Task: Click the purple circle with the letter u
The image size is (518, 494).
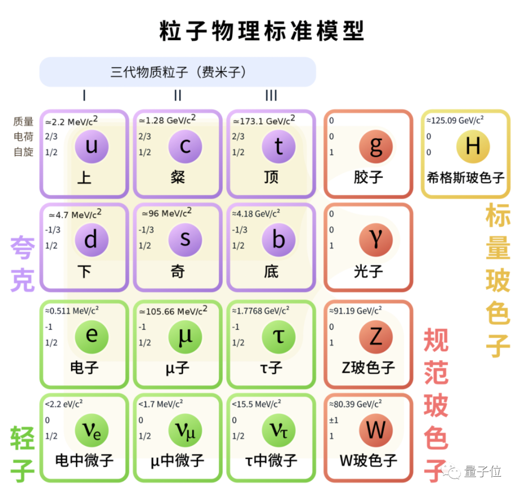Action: click(x=92, y=146)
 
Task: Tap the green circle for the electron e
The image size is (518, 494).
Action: click(x=92, y=335)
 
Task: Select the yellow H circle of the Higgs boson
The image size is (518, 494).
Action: click(x=472, y=146)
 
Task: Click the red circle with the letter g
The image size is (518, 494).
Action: click(x=376, y=146)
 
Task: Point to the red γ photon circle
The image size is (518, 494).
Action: click(x=376, y=240)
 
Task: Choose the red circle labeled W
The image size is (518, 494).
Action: click(x=376, y=430)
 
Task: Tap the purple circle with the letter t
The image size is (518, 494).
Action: click(x=279, y=146)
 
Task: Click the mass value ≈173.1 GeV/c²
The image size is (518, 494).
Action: click(x=264, y=121)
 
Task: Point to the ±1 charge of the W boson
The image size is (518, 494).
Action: click(x=334, y=420)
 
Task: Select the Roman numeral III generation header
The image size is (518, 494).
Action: click(x=271, y=96)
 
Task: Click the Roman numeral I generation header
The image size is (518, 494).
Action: click(x=84, y=96)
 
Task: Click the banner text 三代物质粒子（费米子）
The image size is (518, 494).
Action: click(x=178, y=72)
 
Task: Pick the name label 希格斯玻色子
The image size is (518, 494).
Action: click(x=465, y=178)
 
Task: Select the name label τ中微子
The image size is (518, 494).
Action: click(x=271, y=461)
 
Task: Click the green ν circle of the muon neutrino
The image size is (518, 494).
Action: click(x=185, y=430)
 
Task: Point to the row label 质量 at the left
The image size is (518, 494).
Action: click(x=24, y=122)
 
